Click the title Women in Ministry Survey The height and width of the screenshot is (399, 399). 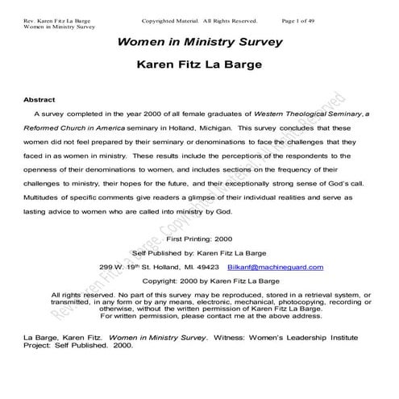tap(199, 42)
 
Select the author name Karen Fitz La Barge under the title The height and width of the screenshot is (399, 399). tap(199, 64)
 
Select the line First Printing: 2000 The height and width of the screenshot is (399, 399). tap(198, 239)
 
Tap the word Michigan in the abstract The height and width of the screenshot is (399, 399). tap(213, 127)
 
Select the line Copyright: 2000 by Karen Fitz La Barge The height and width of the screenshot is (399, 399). tap(198, 281)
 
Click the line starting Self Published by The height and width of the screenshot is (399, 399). tap(198, 253)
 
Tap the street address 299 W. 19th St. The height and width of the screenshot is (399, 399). tap(125, 267)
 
